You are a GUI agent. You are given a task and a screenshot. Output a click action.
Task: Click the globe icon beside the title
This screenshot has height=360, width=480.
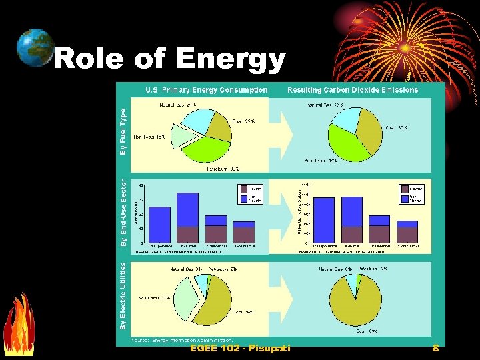click(35, 48)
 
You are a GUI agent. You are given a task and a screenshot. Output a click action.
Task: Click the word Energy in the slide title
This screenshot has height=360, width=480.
click(230, 59)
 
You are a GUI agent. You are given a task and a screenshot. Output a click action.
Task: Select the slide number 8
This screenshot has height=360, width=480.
click(435, 348)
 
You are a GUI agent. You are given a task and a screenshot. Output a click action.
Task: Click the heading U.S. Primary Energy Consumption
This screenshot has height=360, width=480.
click(207, 90)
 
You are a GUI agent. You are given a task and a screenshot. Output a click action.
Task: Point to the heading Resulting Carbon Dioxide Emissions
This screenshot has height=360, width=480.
click(353, 90)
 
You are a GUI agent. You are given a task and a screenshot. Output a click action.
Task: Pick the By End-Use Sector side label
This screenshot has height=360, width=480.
click(123, 212)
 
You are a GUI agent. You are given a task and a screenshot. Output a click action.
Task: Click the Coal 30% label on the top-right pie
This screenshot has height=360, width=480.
click(397, 127)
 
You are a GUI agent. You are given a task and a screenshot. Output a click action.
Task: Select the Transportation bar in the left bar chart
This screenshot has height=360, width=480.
click(160, 225)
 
